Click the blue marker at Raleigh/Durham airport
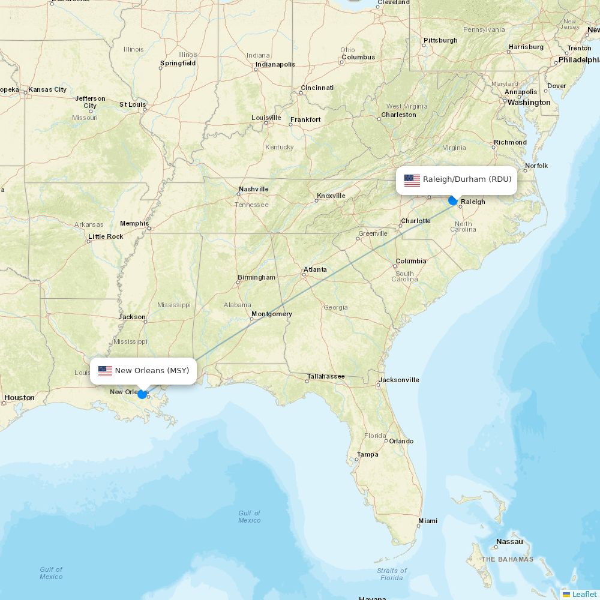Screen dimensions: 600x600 [453, 200]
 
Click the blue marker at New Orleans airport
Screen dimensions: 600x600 [142, 394]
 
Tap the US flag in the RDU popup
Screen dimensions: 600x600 [412, 179]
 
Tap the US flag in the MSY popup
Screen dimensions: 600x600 [106, 371]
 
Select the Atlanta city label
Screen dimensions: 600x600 [315, 269]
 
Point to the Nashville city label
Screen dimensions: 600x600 [253, 189]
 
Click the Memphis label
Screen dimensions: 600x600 [134, 223]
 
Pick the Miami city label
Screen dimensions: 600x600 [428, 521]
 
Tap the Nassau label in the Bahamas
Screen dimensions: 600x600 [509, 542]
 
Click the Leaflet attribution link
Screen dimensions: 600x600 [584, 594]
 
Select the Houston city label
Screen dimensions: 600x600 [19, 397]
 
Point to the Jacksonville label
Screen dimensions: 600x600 [399, 380]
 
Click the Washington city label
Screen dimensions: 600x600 [529, 103]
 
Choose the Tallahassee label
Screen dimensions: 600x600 [326, 376]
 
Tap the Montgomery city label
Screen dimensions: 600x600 [272, 314]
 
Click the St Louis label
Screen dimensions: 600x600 [132, 104]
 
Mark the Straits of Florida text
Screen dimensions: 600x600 [392, 574]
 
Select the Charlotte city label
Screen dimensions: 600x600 [416, 221]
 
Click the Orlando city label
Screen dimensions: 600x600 [401, 441]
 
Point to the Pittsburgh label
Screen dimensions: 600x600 [440, 40]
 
